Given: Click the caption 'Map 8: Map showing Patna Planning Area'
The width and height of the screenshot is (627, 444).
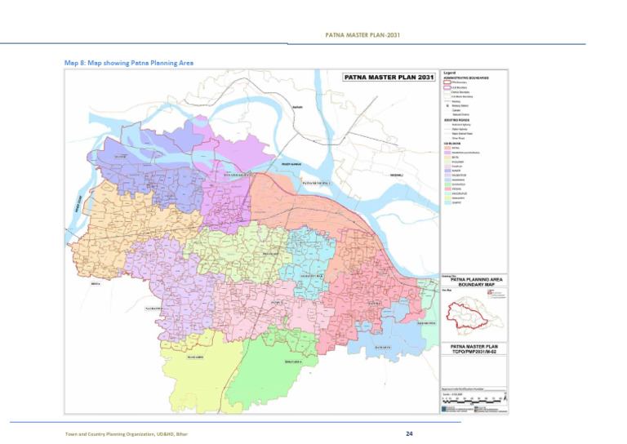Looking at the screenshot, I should coord(129,62).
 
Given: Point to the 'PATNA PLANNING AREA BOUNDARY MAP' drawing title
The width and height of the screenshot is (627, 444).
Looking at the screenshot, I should coord(474,282).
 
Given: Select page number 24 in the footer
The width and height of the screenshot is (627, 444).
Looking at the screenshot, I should coord(409,433).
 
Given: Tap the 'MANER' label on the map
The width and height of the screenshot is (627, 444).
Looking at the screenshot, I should coord(121,156).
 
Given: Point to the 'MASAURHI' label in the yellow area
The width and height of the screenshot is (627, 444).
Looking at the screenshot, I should coord(194,357).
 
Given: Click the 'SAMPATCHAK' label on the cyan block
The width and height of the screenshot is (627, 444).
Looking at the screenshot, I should coord(310,277).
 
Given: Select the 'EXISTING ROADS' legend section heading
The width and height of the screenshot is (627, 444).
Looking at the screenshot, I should coord(458,118).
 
